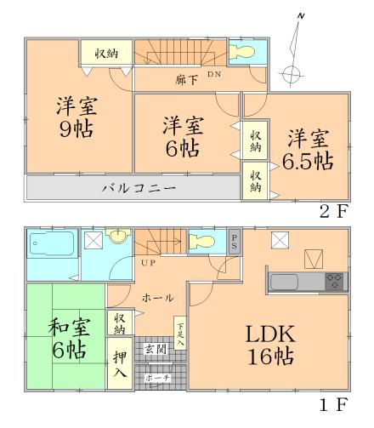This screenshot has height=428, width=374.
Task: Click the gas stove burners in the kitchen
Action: pos(333,280)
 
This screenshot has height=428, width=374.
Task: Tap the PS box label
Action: pos(235,240)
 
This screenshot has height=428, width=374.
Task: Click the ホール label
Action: pos(159,298)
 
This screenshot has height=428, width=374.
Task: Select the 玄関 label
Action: pos(155,348)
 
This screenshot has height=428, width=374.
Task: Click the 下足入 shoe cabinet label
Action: pos(179,333)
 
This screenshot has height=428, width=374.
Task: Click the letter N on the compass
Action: pos(302,17)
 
